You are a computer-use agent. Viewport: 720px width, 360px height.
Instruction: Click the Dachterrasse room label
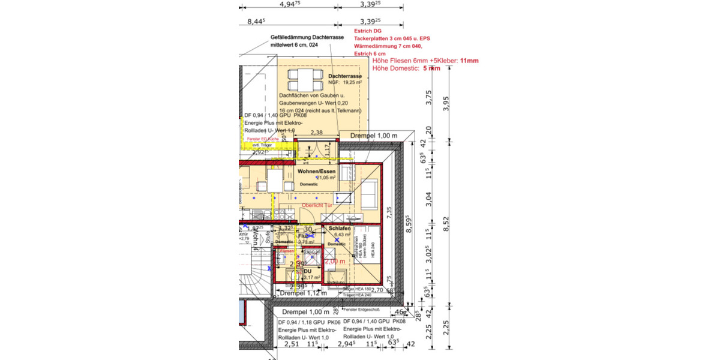click(344, 77)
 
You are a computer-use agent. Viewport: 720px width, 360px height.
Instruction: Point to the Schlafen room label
click(339, 229)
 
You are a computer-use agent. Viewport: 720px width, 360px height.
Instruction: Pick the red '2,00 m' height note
click(335, 262)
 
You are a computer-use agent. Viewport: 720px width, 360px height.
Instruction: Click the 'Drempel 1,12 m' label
click(303, 293)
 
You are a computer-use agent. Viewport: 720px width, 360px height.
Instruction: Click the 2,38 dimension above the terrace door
click(316, 133)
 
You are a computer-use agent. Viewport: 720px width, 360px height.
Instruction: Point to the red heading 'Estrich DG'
click(367, 31)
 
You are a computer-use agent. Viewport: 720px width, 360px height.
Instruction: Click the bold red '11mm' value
click(469, 61)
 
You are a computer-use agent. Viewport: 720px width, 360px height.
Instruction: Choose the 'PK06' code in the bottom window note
click(333, 322)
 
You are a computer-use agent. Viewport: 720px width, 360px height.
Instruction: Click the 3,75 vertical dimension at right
click(428, 97)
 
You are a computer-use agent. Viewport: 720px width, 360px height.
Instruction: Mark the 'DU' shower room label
click(307, 271)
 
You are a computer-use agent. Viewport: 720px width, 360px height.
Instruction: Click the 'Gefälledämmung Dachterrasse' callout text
click(307, 37)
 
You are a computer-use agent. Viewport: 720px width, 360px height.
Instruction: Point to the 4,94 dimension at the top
click(290, 4)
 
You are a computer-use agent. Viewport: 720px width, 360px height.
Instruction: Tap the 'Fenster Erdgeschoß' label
click(359, 310)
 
